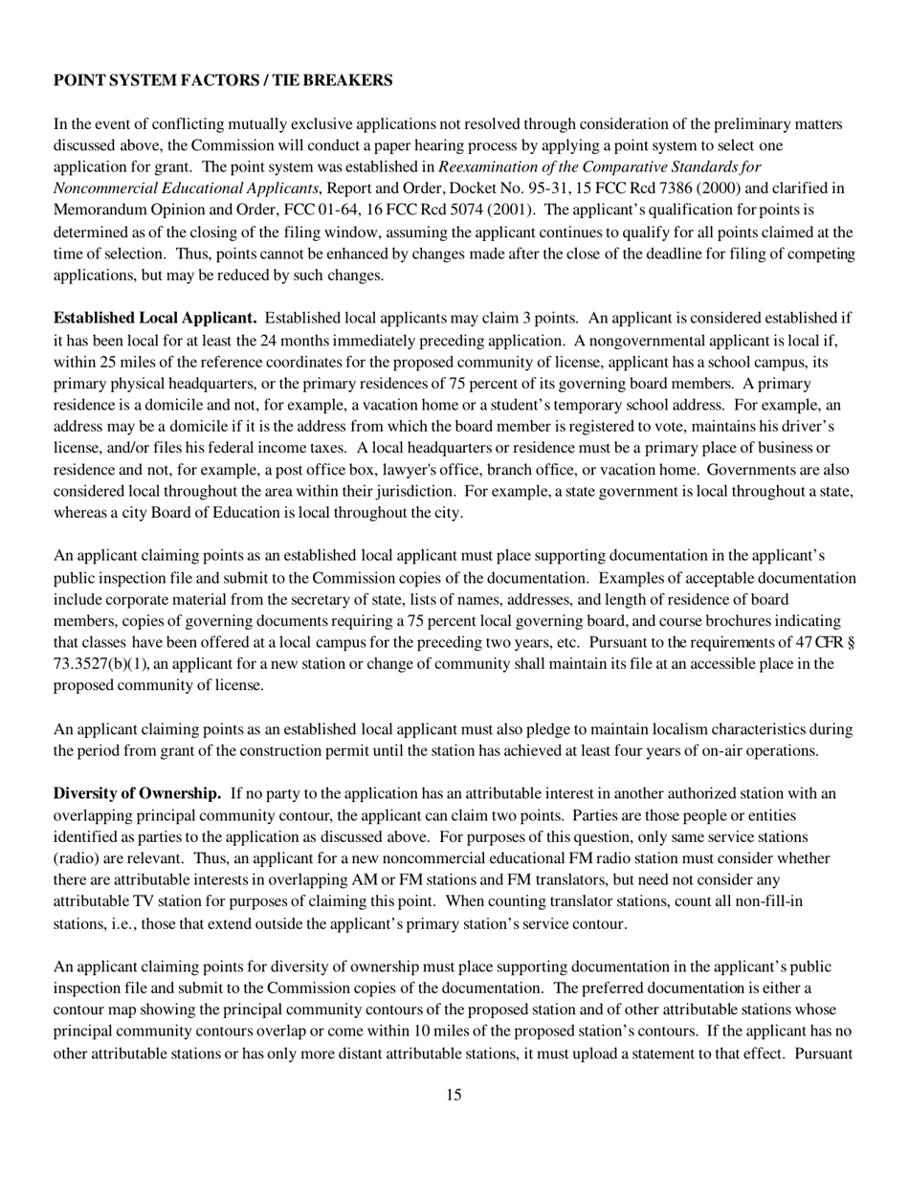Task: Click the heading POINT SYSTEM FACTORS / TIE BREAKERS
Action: (x=223, y=81)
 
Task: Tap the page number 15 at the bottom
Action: (x=454, y=1095)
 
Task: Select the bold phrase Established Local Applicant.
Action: (x=155, y=318)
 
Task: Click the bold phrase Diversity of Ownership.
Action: (x=137, y=793)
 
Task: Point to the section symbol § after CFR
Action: (x=851, y=642)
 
